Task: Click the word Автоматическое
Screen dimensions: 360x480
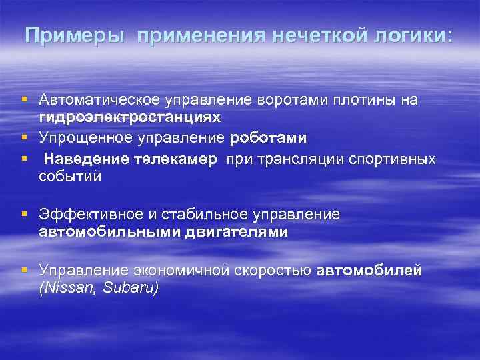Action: click(99, 100)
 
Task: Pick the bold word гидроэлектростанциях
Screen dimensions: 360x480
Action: click(129, 116)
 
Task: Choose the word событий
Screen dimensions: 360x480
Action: click(70, 176)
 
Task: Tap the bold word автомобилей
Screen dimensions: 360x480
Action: click(369, 270)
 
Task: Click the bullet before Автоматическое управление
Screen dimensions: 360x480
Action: click(24, 100)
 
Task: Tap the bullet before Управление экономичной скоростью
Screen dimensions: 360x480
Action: click(24, 270)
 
